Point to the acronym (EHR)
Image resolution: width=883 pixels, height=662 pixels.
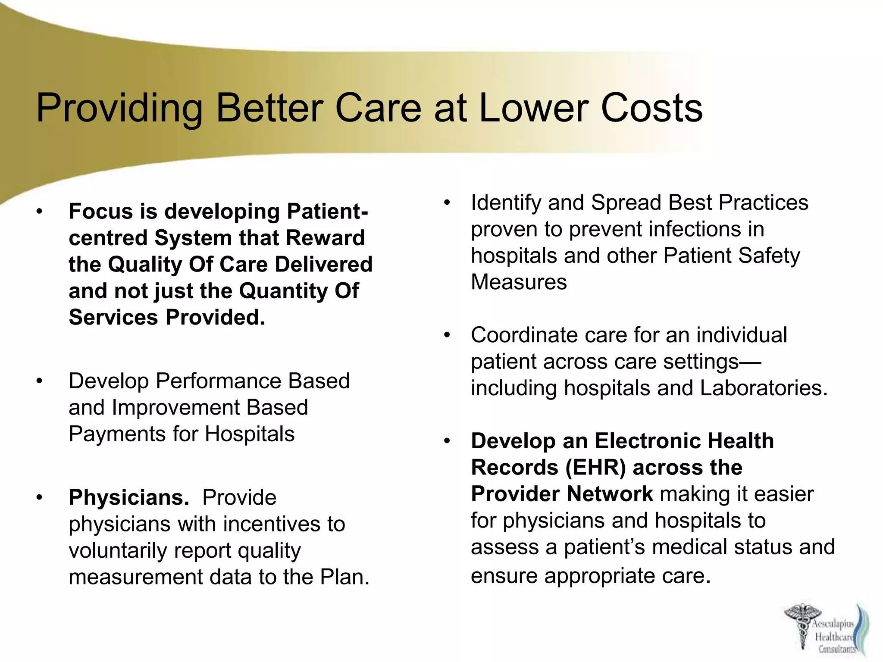[x=595, y=468]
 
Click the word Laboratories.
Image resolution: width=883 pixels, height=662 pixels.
[x=764, y=388]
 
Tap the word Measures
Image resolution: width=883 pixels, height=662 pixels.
[x=519, y=282]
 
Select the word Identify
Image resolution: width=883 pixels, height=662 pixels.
[x=506, y=203]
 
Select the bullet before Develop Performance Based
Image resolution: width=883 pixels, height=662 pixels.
[x=40, y=381]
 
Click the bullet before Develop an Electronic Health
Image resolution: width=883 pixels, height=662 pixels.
[x=447, y=441]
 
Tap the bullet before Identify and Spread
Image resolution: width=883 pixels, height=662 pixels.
[x=447, y=203]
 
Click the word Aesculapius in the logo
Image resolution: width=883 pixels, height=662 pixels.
[x=833, y=624]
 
